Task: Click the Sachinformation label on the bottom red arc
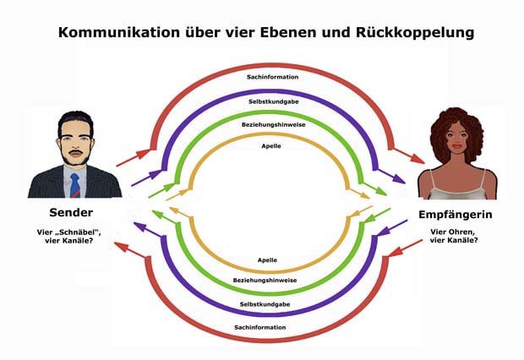tap(262, 327)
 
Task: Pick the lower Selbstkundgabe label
tap(262, 303)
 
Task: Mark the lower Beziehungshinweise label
tap(262, 279)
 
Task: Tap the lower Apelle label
tap(262, 260)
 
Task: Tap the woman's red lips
tap(457, 153)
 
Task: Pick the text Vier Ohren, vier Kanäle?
tap(454, 236)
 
